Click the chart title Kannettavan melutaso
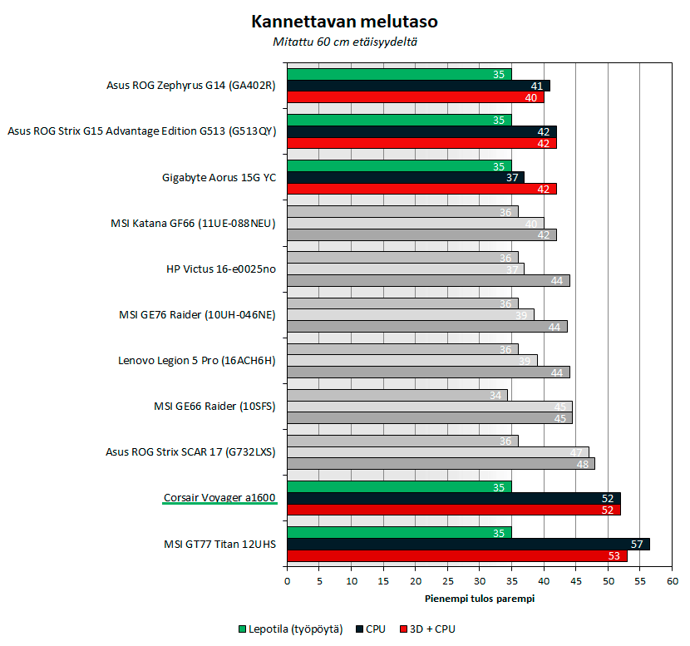[x=345, y=21]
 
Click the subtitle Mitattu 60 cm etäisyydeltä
[x=345, y=41]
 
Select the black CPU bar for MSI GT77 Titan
[x=468, y=544]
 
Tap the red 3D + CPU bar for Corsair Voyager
[x=453, y=510]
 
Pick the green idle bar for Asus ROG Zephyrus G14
[x=399, y=74]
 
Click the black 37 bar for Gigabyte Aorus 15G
[x=406, y=177]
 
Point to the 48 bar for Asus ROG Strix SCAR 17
[x=441, y=464]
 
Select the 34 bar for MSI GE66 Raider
[x=397, y=395]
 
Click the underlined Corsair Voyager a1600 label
[x=219, y=498]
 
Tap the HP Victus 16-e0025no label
[x=221, y=269]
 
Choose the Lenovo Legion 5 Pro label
[x=197, y=361]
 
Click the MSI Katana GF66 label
[x=192, y=223]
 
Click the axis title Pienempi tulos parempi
[x=479, y=598]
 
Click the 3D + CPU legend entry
[x=433, y=629]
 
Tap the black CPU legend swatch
[x=359, y=629]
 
